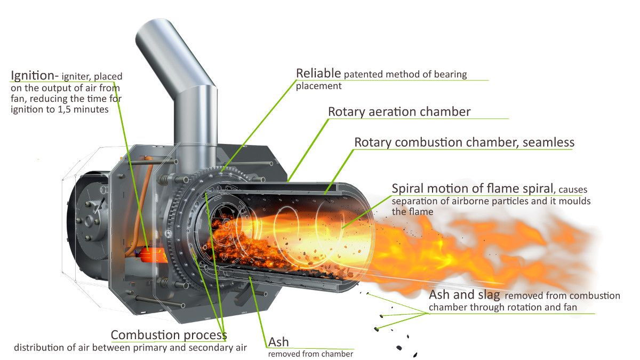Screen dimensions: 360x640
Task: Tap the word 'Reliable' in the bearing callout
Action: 319,73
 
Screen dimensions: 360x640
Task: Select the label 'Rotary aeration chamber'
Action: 399,111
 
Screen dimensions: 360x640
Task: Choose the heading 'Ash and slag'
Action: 465,295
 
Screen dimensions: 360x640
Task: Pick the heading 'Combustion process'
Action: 169,335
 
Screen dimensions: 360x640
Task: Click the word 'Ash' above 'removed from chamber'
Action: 279,341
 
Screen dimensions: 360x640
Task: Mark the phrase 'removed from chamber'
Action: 310,354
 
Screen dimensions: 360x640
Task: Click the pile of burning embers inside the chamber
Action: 240,243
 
